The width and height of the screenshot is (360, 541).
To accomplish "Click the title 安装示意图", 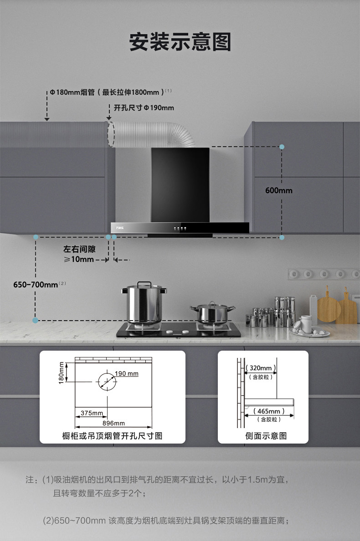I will tap(180, 42).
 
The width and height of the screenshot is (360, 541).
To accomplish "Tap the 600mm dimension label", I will tap(278, 190).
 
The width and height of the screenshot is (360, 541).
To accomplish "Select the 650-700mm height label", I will tap(36, 285).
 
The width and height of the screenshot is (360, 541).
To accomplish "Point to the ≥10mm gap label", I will tap(78, 260).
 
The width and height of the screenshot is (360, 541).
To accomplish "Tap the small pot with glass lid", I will tap(212, 312).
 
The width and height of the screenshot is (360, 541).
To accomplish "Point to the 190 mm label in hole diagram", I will tap(126, 374).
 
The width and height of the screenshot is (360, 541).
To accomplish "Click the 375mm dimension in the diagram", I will tap(92, 413).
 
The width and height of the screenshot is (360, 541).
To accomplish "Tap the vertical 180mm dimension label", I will tap(62, 373).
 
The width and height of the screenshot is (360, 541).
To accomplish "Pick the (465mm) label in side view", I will tap(268, 411).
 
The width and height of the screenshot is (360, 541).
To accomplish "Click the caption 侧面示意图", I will tap(266, 436).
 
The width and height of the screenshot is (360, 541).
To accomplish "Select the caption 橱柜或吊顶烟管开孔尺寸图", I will tap(112, 436).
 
